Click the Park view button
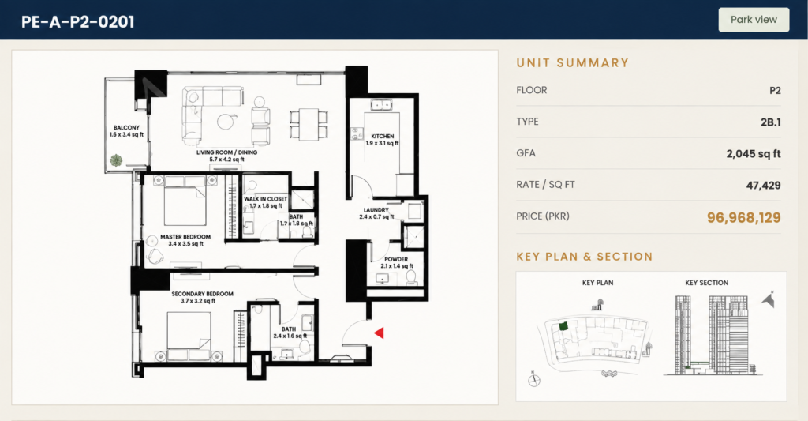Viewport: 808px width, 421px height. tap(754, 20)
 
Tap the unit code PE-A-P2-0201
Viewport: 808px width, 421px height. tap(78, 21)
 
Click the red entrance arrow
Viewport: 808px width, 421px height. tap(379, 333)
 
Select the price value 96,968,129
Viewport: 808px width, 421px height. tap(743, 217)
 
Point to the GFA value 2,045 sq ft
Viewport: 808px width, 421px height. tap(754, 154)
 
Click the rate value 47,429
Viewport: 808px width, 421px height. tap(763, 185)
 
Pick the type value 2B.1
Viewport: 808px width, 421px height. tap(770, 122)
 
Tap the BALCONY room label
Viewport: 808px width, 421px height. tap(126, 127)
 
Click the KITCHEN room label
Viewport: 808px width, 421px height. tap(383, 136)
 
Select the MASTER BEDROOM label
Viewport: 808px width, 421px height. tap(185, 237)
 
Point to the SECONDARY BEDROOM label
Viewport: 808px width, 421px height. tap(202, 294)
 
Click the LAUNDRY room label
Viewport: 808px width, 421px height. tap(376, 210)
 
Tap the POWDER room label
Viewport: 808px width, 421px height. tap(396, 259)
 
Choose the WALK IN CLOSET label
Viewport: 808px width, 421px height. tap(265, 198)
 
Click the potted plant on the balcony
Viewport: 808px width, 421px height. tap(117, 160)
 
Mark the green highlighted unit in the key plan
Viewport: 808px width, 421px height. tap(563, 326)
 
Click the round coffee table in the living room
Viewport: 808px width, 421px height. tap(226, 121)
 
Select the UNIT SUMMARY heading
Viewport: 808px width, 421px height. tap(573, 63)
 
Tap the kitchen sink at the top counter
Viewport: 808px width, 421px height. tap(381, 105)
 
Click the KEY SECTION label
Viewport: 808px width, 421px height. tap(706, 283)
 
